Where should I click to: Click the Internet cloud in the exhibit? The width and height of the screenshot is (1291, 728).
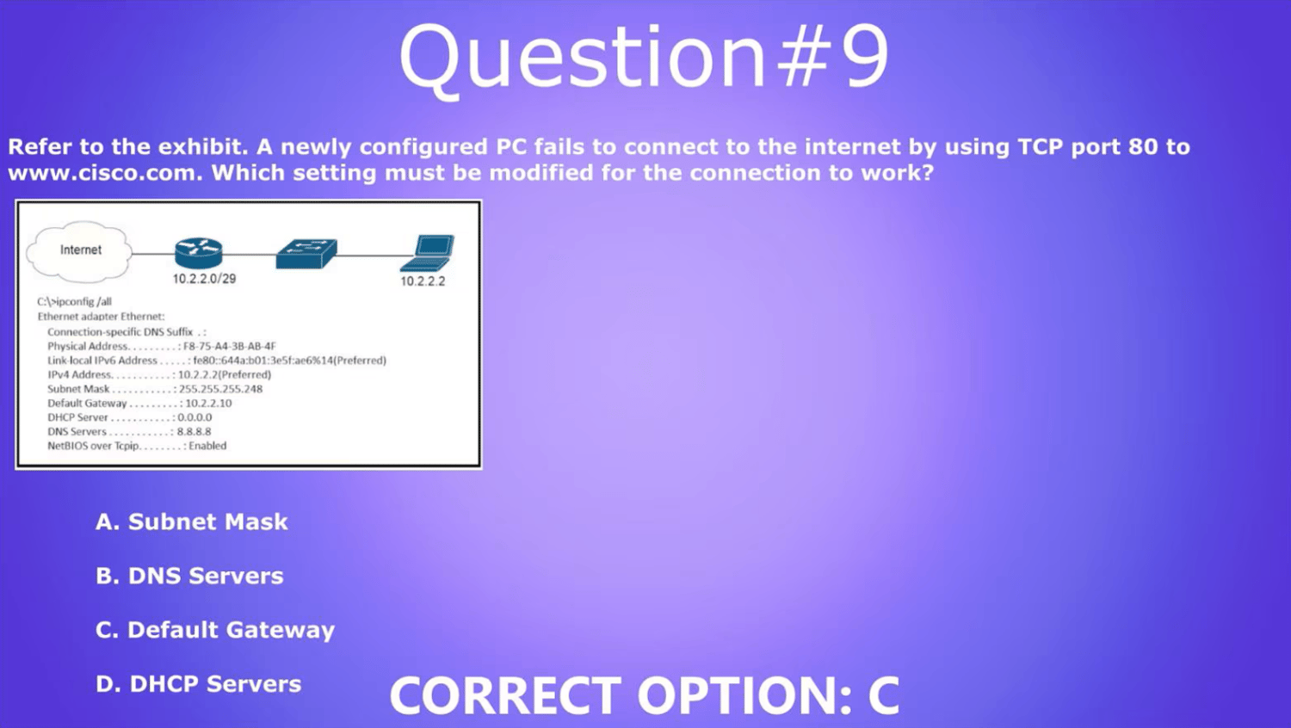(x=79, y=251)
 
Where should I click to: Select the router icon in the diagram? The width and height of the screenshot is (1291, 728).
(x=198, y=252)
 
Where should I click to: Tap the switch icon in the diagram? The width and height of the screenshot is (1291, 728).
(x=306, y=254)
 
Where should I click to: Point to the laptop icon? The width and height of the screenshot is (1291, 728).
(x=428, y=253)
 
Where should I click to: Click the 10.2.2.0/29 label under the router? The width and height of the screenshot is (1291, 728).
(x=204, y=279)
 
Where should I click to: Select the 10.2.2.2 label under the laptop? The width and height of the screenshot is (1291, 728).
(x=423, y=281)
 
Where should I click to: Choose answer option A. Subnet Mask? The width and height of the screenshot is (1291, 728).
(x=191, y=521)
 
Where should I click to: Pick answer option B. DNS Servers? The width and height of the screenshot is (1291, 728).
(x=189, y=576)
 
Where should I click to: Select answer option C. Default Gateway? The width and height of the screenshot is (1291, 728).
(x=215, y=630)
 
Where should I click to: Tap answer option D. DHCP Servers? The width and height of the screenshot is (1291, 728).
(x=198, y=684)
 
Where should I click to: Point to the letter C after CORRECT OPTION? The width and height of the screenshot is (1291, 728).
(x=883, y=695)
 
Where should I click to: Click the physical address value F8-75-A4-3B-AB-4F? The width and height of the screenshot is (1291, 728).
(x=230, y=347)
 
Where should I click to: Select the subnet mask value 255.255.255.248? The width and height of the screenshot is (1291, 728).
(x=220, y=389)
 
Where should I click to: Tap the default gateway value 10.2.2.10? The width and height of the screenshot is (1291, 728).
(x=208, y=404)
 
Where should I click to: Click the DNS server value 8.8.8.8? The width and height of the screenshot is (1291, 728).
(x=194, y=432)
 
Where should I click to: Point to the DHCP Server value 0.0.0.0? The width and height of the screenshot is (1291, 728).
(x=195, y=417)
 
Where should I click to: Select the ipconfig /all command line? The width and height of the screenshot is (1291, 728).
(x=74, y=302)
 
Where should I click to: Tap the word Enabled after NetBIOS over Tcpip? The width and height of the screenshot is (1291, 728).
(x=207, y=446)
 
